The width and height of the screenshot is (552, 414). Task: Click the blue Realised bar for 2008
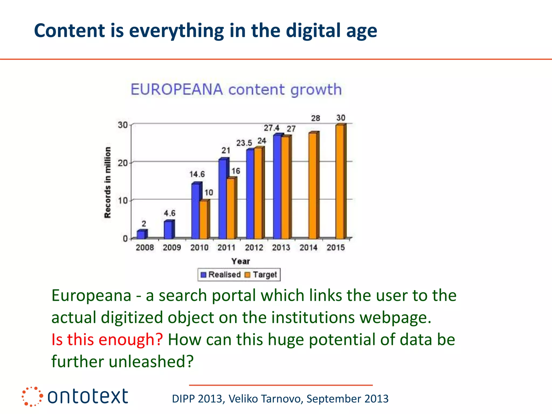coord(142,234)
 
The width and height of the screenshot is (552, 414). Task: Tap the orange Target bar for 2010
coord(204,219)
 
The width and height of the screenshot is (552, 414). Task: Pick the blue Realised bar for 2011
coord(223,199)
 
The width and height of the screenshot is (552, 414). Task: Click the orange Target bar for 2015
coord(340,182)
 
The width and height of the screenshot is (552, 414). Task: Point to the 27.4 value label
coord(271,128)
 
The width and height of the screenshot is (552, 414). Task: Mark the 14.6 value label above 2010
coord(197,174)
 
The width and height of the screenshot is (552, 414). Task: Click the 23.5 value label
coord(244,143)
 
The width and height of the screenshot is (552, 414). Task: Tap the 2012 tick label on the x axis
coord(254,247)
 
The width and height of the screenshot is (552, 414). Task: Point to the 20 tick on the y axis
coord(123,163)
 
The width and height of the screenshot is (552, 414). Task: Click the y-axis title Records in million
coord(108,182)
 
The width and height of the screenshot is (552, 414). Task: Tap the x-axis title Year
coord(241,261)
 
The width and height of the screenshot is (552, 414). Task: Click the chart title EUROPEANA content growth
coord(236,89)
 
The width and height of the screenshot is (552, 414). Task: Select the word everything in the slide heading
coord(177,31)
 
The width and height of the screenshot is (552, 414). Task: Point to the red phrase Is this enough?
coord(107,339)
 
